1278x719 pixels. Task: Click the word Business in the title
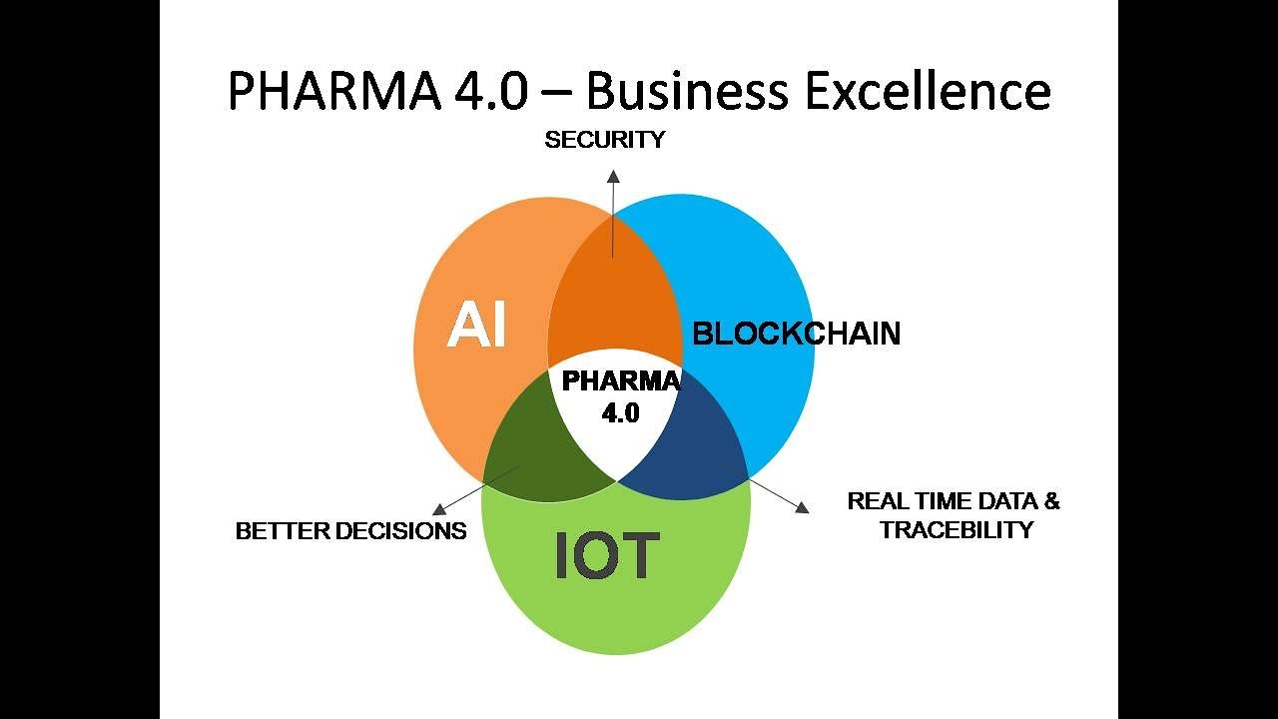click(687, 91)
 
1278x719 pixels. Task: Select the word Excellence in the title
click(928, 91)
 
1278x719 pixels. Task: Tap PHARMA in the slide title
click(334, 91)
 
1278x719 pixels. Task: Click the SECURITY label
click(605, 140)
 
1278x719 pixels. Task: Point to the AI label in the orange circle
click(476, 326)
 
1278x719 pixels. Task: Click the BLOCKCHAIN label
click(797, 334)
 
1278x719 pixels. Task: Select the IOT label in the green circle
click(608, 555)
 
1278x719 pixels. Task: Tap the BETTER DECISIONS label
click(350, 531)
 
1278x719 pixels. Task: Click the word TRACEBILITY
click(957, 530)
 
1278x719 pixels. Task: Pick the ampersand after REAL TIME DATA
click(1051, 501)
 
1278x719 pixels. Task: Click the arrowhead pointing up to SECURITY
click(613, 176)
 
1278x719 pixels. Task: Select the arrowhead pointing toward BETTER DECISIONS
click(439, 509)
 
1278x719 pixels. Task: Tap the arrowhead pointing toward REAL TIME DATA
click(802, 507)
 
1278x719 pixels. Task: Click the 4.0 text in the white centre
click(621, 413)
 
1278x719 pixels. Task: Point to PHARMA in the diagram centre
click(621, 381)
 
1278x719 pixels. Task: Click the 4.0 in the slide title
click(491, 91)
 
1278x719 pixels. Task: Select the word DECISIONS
click(400, 531)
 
